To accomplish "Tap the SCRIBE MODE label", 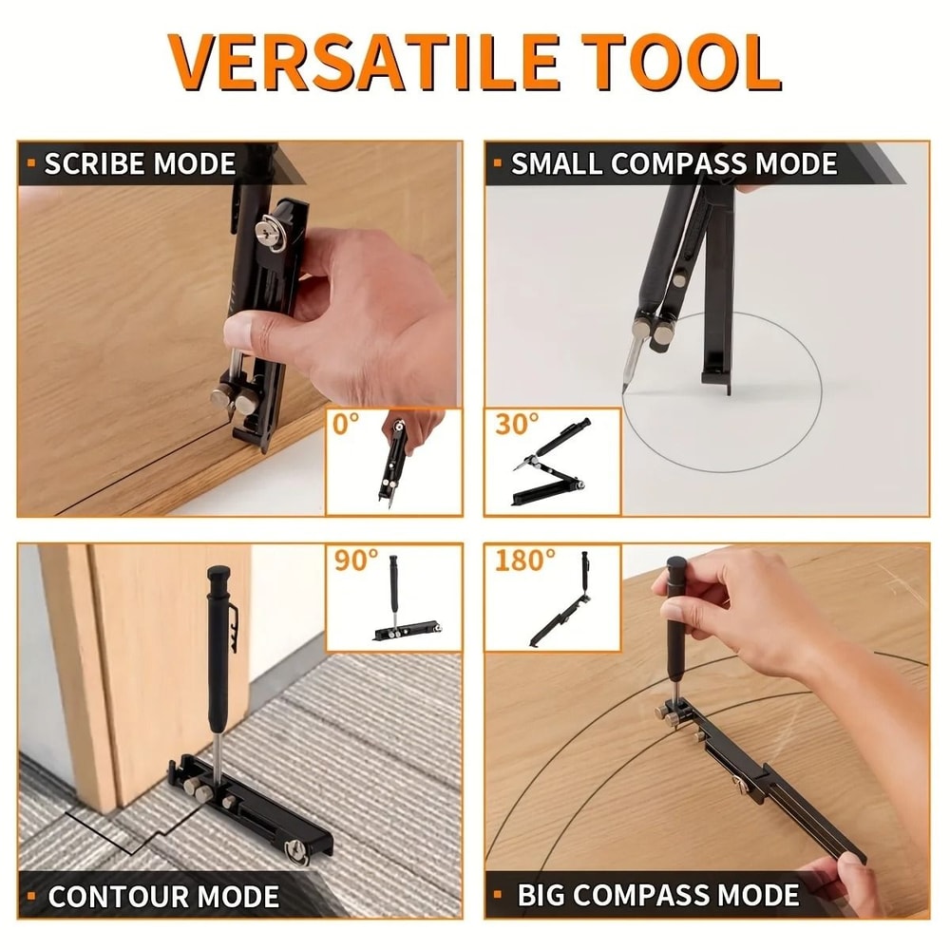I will [140, 163].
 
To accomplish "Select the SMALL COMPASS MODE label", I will [674, 163].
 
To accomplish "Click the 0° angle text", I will [348, 425].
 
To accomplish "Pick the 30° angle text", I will [517, 425].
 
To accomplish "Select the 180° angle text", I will [524, 560].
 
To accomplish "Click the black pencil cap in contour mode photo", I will [219, 577].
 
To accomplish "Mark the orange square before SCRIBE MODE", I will [31, 163].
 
